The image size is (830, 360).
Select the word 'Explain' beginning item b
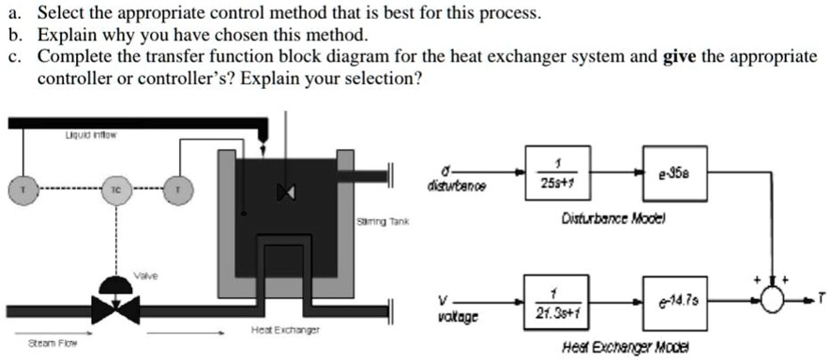tap(65, 36)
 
